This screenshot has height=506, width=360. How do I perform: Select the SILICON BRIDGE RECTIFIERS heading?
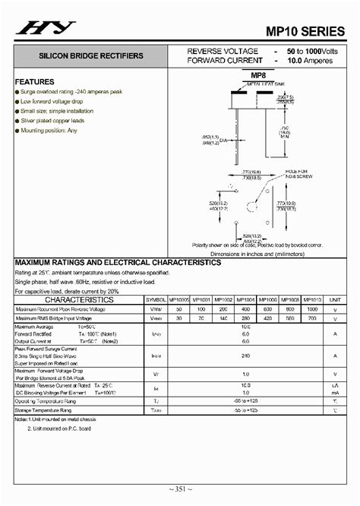click(x=77, y=56)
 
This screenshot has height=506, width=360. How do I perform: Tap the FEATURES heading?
click(x=34, y=81)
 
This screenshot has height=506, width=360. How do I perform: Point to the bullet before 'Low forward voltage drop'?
click(x=17, y=101)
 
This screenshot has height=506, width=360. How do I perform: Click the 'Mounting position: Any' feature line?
click(x=49, y=130)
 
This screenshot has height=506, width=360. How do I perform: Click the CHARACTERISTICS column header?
click(x=78, y=299)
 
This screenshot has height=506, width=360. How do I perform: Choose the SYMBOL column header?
click(x=156, y=300)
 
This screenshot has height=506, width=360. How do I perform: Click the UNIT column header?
click(x=334, y=300)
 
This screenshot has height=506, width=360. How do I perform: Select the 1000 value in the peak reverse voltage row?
click(x=311, y=309)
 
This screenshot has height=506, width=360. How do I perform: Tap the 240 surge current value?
click(x=245, y=355)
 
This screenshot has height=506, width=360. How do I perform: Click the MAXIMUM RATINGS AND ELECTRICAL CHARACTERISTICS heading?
click(x=118, y=262)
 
